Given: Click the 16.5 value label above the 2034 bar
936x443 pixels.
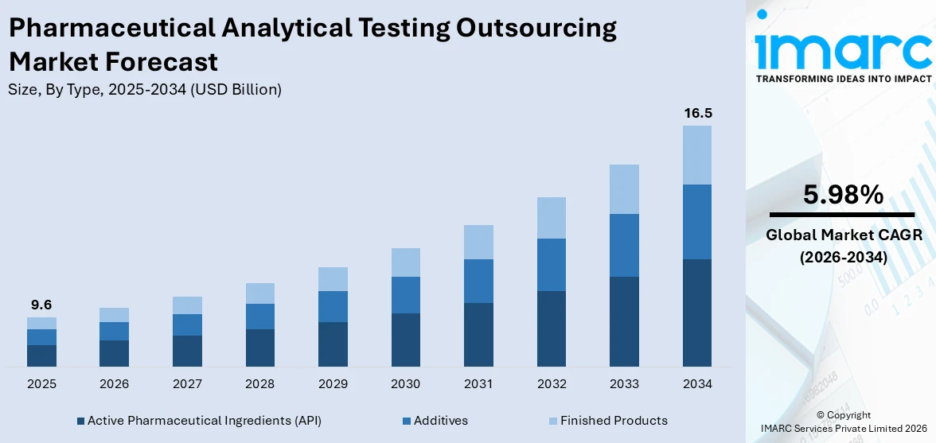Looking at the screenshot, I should tap(697, 114).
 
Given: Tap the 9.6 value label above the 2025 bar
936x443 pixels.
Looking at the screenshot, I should tap(41, 305).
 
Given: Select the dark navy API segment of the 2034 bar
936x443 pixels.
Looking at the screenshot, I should tap(697, 313).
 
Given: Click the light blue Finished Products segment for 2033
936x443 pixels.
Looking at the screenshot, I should tap(624, 189).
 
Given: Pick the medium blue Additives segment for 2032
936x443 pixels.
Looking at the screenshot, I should tap(552, 265).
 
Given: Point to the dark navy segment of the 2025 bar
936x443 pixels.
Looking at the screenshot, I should tap(41, 356).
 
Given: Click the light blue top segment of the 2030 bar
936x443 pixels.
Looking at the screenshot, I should tap(405, 262).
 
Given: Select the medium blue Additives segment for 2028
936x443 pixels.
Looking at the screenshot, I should tap(259, 317).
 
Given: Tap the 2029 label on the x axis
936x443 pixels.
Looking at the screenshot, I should tap(333, 384).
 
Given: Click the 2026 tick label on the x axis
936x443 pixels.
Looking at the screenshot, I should tap(114, 384).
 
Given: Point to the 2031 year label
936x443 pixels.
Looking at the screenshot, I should tap(478, 384).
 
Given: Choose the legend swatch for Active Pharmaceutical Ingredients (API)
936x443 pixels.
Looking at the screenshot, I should tap(80, 421).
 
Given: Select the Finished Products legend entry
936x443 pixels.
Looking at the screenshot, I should tap(613, 421).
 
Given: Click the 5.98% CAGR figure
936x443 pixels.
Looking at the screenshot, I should tap(842, 195).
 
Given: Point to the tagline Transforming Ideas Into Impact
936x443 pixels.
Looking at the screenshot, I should tap(843, 79).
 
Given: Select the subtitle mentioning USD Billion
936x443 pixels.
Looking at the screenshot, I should tap(145, 90).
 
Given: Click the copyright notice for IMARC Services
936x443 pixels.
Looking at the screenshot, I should tap(843, 422).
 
